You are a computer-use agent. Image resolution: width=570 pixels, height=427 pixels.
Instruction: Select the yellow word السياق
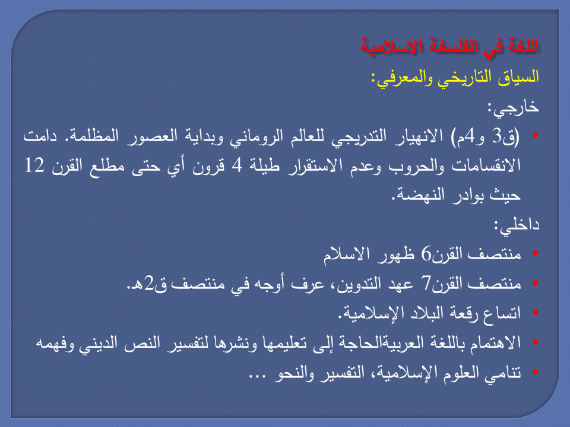[x=518, y=77]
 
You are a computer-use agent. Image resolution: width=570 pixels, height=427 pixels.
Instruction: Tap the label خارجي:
[x=513, y=108]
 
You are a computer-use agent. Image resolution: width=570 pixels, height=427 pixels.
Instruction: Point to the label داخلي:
[x=517, y=226]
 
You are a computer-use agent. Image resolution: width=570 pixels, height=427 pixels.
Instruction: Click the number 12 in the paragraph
[x=34, y=165]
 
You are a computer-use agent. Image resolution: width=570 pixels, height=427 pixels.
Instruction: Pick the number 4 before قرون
[x=237, y=165]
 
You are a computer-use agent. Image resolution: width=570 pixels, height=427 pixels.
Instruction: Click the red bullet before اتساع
[x=535, y=313]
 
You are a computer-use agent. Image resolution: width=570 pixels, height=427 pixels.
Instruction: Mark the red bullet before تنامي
[x=535, y=372]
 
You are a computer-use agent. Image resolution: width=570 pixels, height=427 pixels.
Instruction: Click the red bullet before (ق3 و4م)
[x=535, y=135]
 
